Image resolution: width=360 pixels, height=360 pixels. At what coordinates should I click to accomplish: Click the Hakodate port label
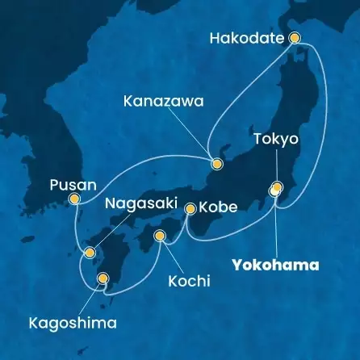tap(250, 37)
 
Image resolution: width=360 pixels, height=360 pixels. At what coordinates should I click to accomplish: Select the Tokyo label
tap(276, 139)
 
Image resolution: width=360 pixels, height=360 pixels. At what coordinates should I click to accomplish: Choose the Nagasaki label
tap(137, 205)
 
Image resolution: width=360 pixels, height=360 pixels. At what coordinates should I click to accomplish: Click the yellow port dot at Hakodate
tap(294, 36)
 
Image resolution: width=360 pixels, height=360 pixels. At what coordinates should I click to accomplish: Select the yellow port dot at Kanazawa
tap(216, 164)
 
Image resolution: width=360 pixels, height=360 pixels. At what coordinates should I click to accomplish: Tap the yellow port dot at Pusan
tap(74, 199)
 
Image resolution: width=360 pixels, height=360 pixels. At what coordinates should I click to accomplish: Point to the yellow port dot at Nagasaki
tap(91, 251)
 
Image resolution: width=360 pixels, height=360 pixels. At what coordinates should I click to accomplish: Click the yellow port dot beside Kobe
tap(190, 208)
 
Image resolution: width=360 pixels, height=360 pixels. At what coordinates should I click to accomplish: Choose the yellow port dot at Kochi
tap(160, 237)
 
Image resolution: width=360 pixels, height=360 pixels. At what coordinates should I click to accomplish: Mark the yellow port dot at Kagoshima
tap(103, 279)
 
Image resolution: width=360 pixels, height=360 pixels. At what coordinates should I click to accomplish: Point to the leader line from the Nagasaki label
tap(112, 231)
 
